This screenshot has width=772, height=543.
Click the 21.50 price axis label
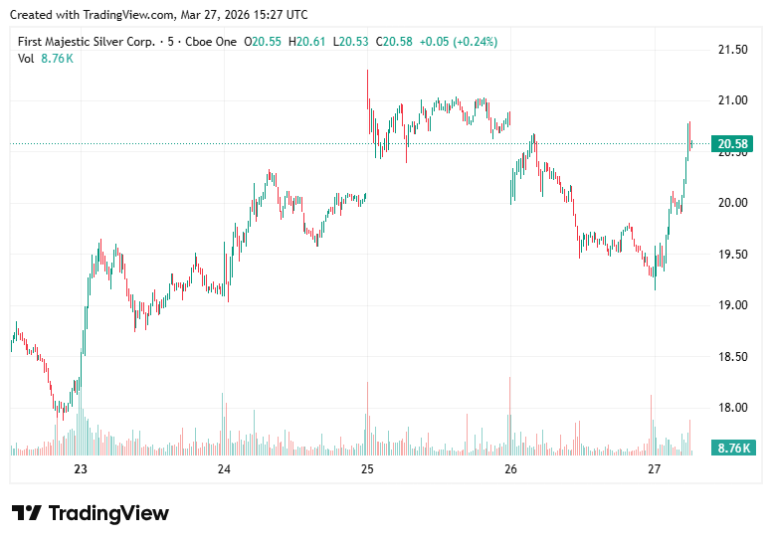[x=733, y=49]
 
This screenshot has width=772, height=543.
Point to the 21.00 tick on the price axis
[x=733, y=100]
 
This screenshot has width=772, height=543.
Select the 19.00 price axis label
[x=733, y=304]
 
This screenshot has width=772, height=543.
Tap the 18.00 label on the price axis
[x=733, y=407]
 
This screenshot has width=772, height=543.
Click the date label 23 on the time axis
[x=81, y=469]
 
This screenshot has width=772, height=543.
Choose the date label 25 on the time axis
[x=367, y=469]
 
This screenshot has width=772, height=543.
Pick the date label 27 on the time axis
[x=654, y=469]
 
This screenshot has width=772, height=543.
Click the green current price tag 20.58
[x=733, y=144]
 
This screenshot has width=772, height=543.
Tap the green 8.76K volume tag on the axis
[x=733, y=448]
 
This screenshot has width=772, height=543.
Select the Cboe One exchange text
[x=215, y=42]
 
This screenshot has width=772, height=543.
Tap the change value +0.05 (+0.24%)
[x=459, y=42]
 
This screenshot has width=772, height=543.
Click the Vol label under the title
[x=26, y=59]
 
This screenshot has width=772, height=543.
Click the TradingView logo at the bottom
[x=91, y=513]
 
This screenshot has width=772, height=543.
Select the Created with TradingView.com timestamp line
[x=158, y=14]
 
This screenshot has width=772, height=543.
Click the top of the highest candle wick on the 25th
[x=367, y=71]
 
